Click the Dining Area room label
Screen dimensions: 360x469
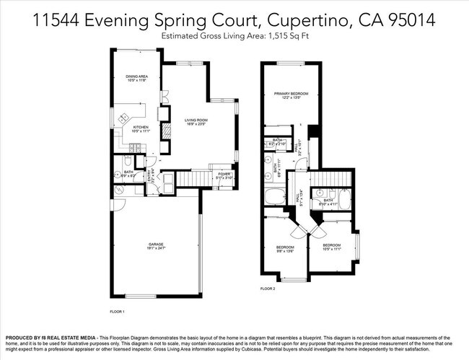click(137, 77)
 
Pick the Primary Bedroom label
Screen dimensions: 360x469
click(291, 95)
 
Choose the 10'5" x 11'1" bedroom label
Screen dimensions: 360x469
click(331, 247)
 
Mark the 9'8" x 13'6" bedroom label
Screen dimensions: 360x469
click(285, 250)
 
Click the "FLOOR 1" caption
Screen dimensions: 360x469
click(117, 312)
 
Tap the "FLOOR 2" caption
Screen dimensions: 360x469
click(268, 289)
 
